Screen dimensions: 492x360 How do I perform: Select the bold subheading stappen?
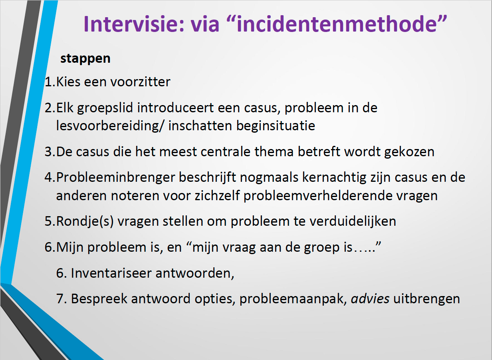85,59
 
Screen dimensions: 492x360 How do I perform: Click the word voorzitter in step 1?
140,82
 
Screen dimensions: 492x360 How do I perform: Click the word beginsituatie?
276,126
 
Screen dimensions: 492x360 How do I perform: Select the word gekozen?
409,152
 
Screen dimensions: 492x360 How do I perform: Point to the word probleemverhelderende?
318,196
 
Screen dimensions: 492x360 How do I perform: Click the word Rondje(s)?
85,221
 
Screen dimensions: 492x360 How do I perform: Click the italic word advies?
370,299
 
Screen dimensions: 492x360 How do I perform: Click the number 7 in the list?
60,299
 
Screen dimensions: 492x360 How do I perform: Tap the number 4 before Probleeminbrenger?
48,177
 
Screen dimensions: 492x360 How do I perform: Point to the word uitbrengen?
427,299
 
